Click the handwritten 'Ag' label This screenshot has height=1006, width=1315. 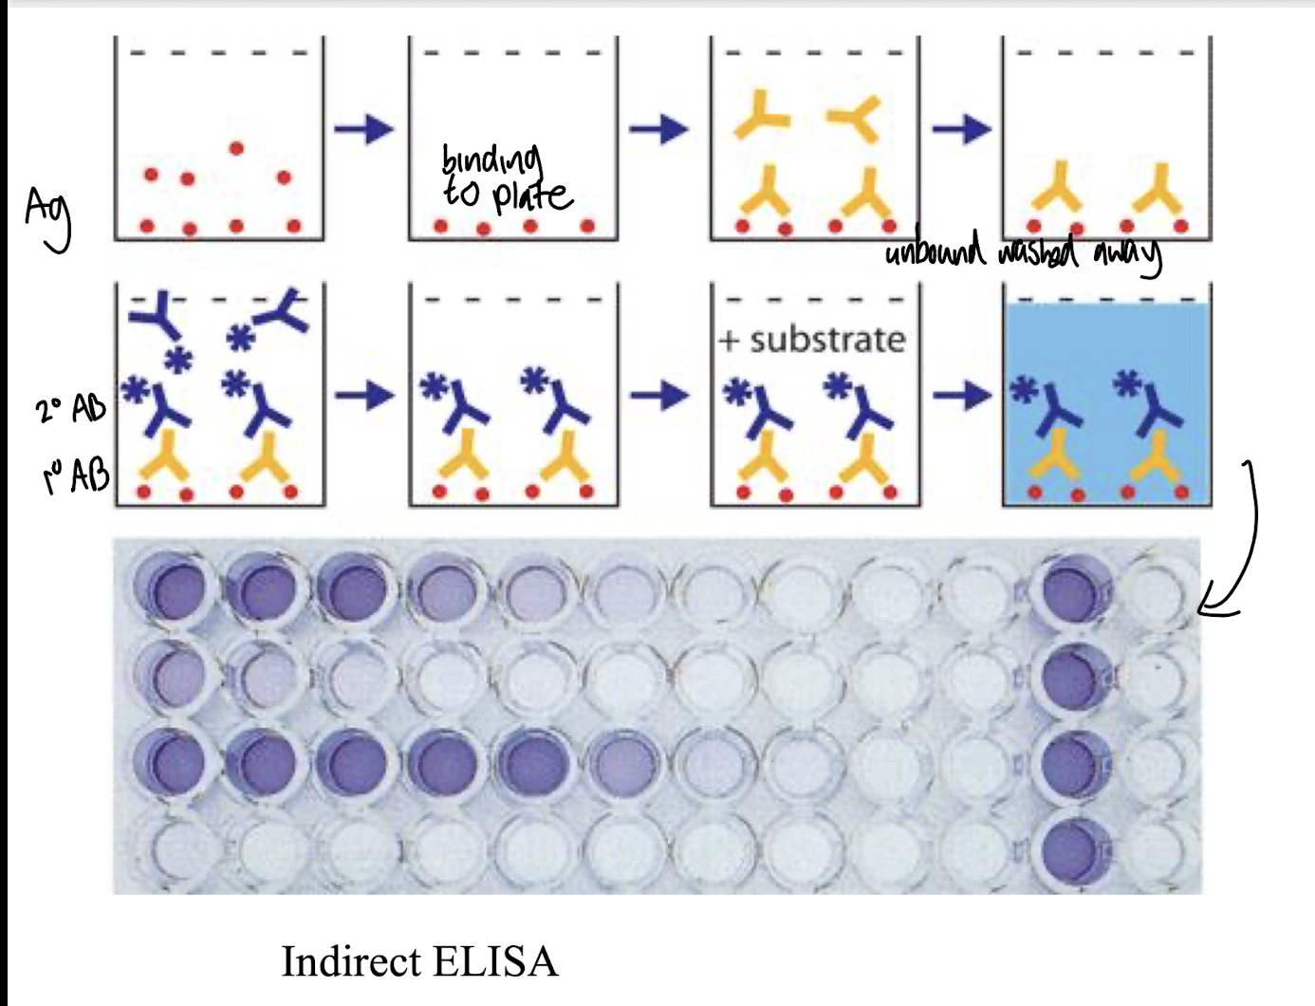tap(47, 219)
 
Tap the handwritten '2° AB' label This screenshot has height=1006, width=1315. tap(71, 409)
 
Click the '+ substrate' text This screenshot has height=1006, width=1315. tap(812, 339)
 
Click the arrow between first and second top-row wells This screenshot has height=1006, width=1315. tap(364, 128)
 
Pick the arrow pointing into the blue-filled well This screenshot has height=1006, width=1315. tap(960, 394)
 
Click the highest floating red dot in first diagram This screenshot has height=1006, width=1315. tap(236, 148)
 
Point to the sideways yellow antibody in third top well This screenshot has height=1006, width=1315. tap(856, 118)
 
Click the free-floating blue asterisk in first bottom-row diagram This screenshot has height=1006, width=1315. tap(177, 359)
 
